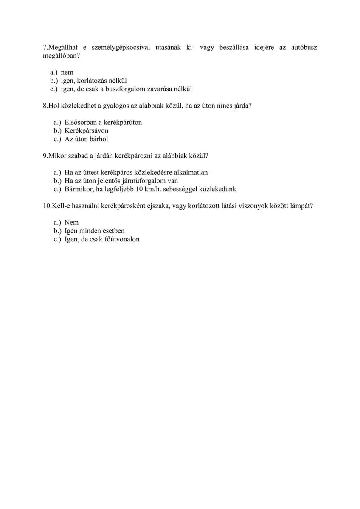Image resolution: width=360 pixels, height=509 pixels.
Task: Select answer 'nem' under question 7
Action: (67, 73)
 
